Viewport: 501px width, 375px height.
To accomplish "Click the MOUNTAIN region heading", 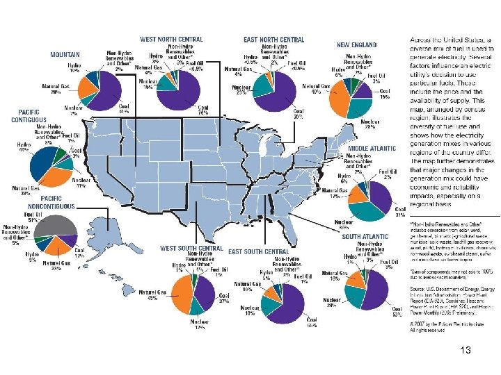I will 65,54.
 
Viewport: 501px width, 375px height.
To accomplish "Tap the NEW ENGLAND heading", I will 356,44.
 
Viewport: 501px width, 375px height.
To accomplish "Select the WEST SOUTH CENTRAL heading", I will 191,247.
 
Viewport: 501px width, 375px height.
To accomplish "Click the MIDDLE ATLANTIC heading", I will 372,148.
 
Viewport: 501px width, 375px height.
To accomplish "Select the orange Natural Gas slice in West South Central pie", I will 184,297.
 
